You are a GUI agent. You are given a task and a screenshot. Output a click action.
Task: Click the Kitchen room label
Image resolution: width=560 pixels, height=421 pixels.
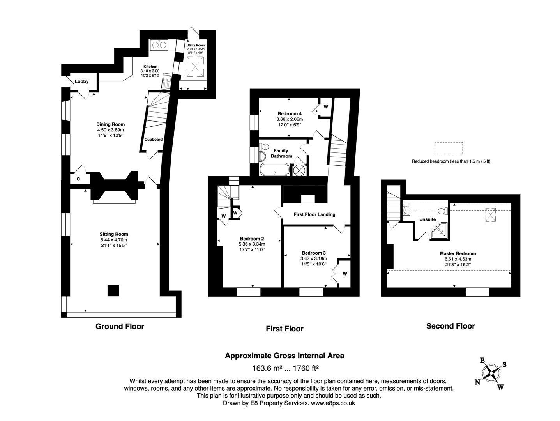click(x=150, y=67)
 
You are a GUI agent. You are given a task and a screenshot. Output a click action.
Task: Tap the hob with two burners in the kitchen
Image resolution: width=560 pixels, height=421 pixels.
click(x=158, y=45)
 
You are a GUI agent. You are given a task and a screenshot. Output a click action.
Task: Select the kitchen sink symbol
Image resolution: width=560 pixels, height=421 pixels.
click(x=167, y=81)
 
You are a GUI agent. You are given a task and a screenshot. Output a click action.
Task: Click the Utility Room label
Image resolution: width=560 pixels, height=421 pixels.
click(x=195, y=46)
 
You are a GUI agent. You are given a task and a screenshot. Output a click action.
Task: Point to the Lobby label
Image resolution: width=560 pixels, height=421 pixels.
click(x=82, y=81)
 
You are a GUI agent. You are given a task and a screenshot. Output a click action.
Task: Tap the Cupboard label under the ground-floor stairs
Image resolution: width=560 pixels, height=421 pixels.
click(x=154, y=139)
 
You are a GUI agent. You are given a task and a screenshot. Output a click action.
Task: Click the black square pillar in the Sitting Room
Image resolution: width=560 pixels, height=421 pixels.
click(x=113, y=291)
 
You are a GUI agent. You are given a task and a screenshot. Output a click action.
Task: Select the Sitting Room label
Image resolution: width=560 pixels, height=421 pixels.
click(x=113, y=234)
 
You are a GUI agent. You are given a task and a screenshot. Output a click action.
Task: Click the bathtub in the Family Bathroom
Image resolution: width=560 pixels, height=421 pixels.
click(x=275, y=170)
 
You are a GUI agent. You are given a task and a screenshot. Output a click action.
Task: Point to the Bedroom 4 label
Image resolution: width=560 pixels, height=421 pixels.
click(x=290, y=114)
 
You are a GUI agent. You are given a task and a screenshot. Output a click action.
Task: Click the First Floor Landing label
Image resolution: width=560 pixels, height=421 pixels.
click(x=314, y=214)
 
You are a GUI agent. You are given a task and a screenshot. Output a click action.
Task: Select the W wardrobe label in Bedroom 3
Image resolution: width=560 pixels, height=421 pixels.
click(x=345, y=274)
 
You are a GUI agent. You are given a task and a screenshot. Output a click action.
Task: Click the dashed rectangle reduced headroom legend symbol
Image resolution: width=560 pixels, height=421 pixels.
click(x=449, y=149)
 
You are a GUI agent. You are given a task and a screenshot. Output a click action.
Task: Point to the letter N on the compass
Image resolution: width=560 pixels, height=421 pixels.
click(x=477, y=382)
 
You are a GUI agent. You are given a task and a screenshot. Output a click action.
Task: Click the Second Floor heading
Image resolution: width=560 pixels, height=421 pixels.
click(x=450, y=326)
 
